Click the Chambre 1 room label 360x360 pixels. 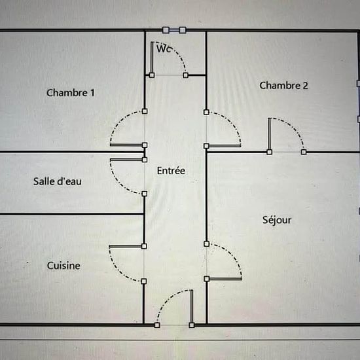(71, 93)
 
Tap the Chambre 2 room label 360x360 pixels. (283, 85)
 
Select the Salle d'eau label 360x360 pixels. (58, 181)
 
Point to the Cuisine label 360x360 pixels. (63, 266)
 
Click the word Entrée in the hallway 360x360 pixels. (171, 171)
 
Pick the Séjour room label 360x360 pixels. (277, 220)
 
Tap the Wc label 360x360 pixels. (164, 49)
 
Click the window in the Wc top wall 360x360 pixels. (174, 30)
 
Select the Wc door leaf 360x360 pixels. (152, 58)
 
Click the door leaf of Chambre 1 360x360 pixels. (126, 145)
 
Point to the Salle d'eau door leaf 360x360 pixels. (126, 160)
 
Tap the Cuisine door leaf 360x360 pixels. (126, 246)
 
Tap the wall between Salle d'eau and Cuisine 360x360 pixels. (71, 214)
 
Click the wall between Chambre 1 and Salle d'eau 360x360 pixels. (71, 152)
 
